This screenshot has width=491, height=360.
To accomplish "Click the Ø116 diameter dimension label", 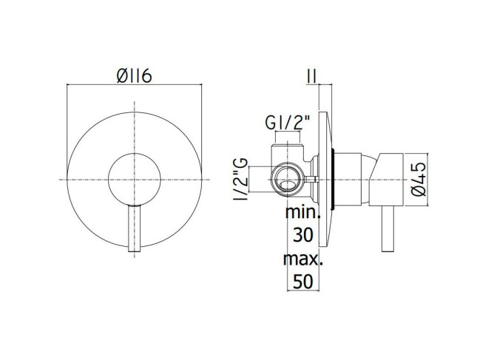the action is pos(135,76).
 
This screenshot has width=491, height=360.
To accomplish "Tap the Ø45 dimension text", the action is pos(419,179).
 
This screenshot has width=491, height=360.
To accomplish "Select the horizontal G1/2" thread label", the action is pos(287,123).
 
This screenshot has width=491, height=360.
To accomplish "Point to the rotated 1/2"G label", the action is pos(241,179).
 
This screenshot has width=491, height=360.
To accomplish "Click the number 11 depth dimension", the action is pos(312,76).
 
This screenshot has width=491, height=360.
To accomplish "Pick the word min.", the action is pos(302,211).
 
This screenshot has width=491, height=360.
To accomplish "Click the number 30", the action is pos(302,235).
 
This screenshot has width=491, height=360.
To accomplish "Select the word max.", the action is pos(302,259).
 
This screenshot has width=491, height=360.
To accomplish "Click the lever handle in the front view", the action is pos(135,229).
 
